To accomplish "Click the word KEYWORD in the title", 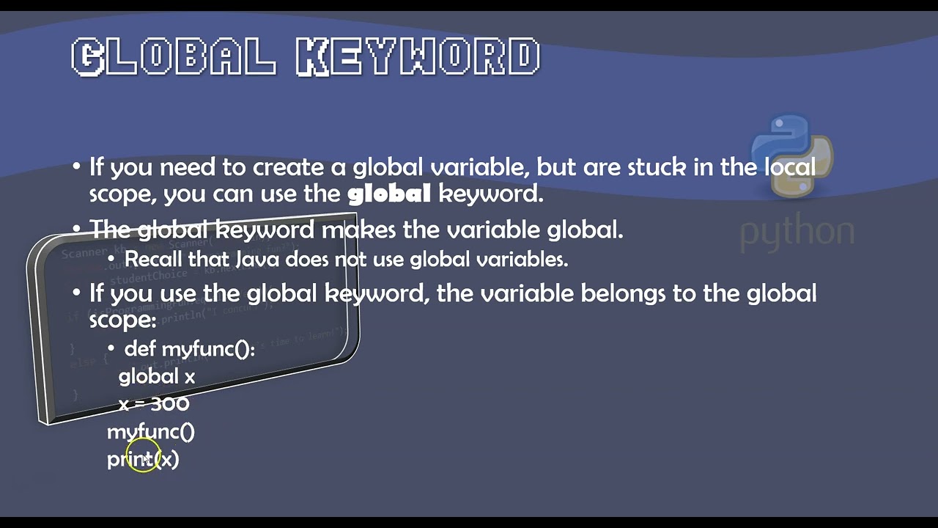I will (x=418, y=57).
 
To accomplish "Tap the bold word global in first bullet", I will (x=388, y=194).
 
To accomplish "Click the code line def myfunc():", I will (x=189, y=348).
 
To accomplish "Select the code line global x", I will (x=157, y=376).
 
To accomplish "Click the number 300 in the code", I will (x=169, y=403).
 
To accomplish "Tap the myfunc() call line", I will (x=151, y=431).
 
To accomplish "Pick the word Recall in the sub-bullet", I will (x=154, y=259).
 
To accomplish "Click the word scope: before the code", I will (x=122, y=320).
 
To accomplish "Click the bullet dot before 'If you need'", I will (x=77, y=167).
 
